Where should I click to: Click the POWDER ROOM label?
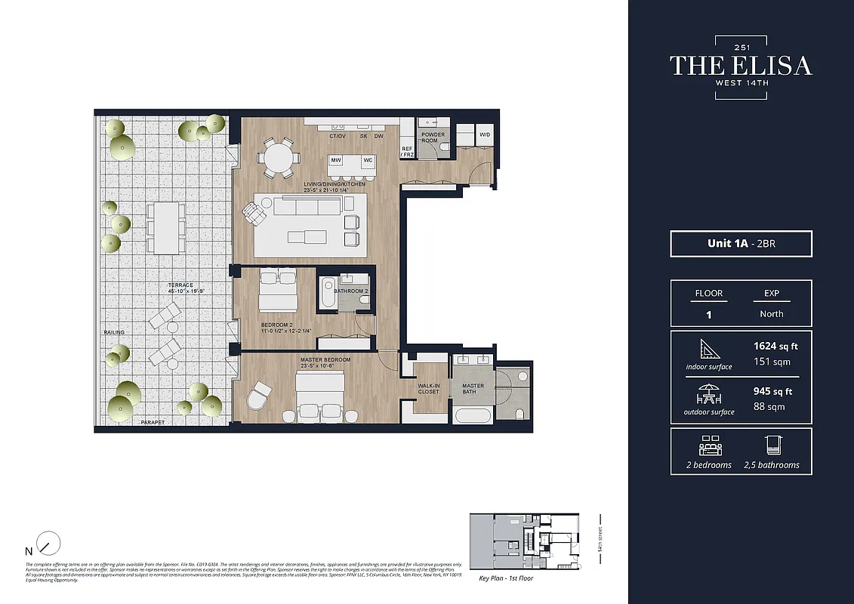pos(433,137)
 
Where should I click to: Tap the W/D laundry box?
pos(483,135)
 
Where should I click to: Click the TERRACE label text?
pos(181,285)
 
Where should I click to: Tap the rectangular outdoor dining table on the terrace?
pos(165,227)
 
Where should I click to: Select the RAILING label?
pos(115,332)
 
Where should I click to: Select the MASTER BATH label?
pos(473,388)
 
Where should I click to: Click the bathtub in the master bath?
pos(473,414)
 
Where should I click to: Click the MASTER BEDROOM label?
pos(325,360)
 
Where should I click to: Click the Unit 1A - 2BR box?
pos(741,244)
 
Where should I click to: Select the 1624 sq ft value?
pos(775,346)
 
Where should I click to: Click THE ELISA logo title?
pos(741,66)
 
